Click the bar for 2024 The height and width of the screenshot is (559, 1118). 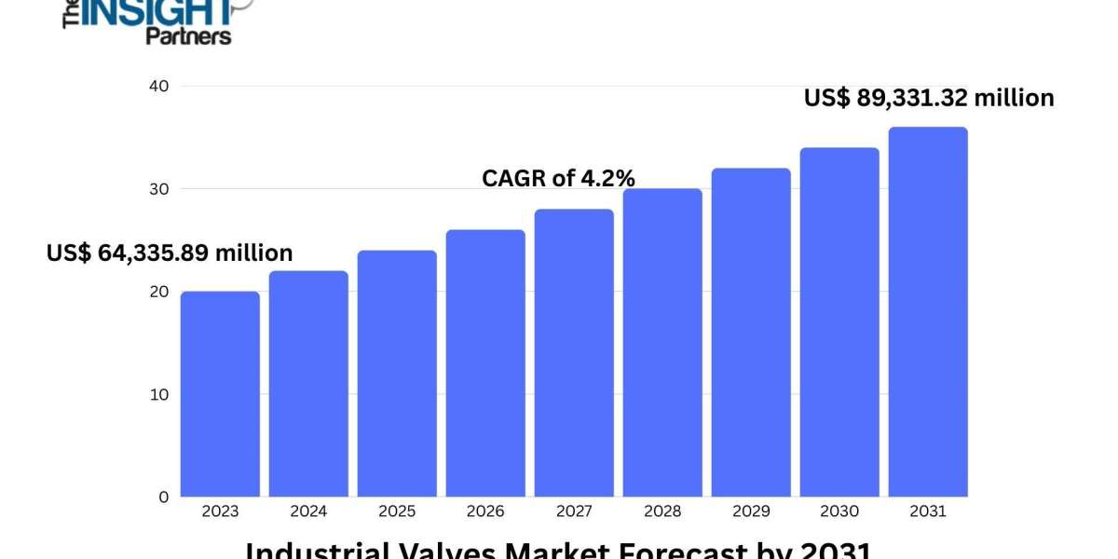tap(308, 384)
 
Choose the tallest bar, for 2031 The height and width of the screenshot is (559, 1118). tap(928, 312)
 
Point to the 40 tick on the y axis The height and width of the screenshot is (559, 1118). tap(158, 86)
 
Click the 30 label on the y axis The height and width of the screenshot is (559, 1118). tap(158, 189)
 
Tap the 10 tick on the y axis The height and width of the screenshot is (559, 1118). tap(158, 394)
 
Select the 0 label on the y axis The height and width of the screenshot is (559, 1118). tap(162, 497)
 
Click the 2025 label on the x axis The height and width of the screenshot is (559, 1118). tap(397, 511)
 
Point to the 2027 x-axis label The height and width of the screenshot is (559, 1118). tap(574, 511)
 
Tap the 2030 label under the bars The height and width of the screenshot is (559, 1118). tap(839, 511)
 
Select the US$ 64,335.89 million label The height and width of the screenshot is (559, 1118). tap(170, 252)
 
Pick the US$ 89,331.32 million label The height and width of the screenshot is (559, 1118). tap(929, 98)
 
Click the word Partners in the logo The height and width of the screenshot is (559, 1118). tap(188, 36)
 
